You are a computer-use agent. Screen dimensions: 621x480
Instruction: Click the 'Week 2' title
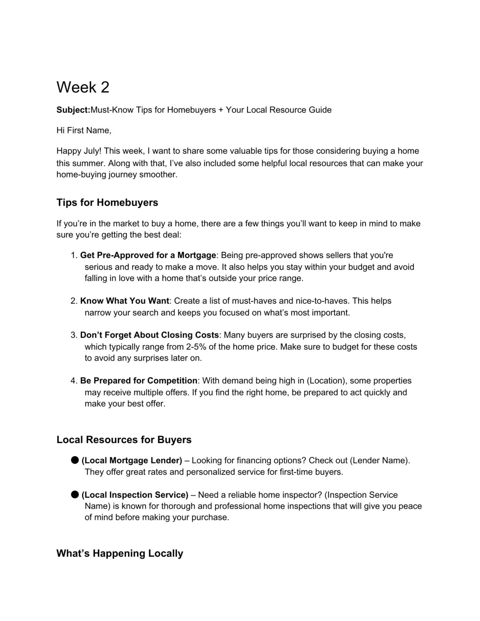pos(83,87)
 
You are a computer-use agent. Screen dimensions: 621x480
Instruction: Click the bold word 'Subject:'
pos(73,110)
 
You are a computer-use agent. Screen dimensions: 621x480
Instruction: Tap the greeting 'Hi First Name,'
pos(84,130)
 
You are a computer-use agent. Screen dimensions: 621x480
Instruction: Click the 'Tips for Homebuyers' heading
pos(107,203)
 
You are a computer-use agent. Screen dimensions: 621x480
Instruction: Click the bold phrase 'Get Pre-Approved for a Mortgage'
pos(148,256)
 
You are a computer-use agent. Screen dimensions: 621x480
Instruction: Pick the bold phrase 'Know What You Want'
pos(125,301)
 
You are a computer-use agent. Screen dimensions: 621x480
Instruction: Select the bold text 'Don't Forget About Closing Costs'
pos(149,335)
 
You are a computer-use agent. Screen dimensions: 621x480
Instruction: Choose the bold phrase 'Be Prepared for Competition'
pos(139,381)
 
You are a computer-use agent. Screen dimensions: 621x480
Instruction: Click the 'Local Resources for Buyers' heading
pos(124,440)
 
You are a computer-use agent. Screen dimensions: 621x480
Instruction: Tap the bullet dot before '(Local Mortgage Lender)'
pos(74,460)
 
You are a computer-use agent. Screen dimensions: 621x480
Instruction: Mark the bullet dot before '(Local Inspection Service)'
pos(74,494)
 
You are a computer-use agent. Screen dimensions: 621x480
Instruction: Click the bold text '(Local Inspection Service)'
pos(135,495)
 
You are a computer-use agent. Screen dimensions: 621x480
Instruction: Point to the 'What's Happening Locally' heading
pos(120,553)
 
